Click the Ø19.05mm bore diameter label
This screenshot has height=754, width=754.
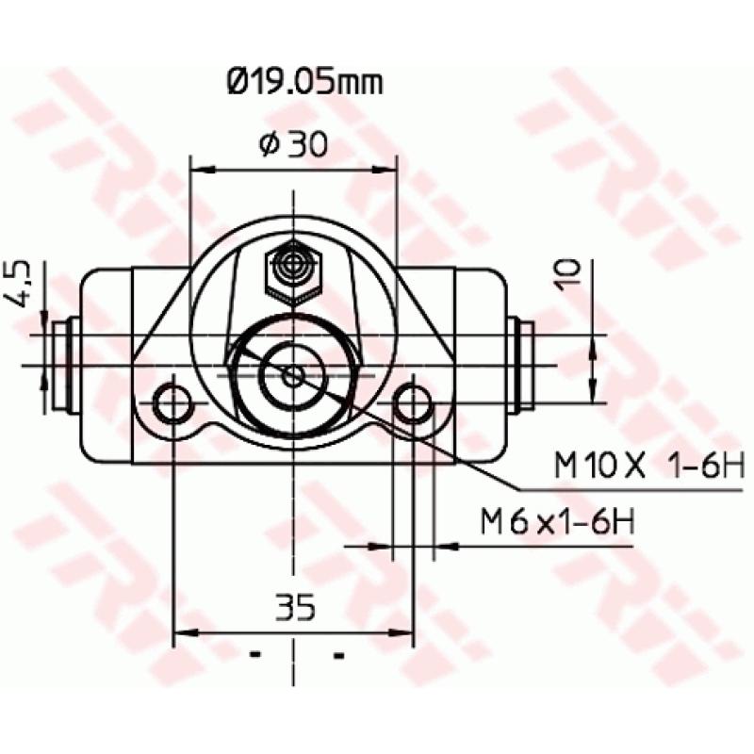[304, 84]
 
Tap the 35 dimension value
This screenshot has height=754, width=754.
[295, 606]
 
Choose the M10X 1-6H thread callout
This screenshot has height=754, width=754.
[635, 466]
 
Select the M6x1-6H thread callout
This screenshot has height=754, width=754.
[557, 521]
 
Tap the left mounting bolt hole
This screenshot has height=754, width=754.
[173, 403]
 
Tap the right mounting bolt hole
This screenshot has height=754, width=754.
[413, 403]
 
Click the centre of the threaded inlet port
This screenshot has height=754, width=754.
[293, 374]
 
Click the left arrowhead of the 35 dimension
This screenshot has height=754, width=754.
[183, 631]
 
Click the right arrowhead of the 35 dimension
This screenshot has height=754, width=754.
[405, 631]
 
